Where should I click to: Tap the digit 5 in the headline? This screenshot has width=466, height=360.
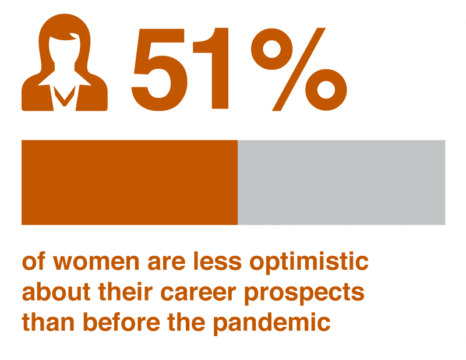click(x=160, y=69)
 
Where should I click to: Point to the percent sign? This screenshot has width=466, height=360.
click(x=299, y=69)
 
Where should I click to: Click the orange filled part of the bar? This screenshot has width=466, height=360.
click(x=129, y=182)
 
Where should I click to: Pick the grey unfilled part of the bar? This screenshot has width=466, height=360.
click(x=341, y=182)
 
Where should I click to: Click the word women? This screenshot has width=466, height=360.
click(x=96, y=262)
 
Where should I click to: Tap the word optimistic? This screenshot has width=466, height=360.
click(x=309, y=262)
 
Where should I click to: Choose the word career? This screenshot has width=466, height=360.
click(x=198, y=292)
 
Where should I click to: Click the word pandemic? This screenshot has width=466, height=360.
click(x=272, y=323)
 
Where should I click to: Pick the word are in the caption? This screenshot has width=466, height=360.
click(x=167, y=262)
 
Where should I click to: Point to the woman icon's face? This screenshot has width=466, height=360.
click(x=65, y=51)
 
